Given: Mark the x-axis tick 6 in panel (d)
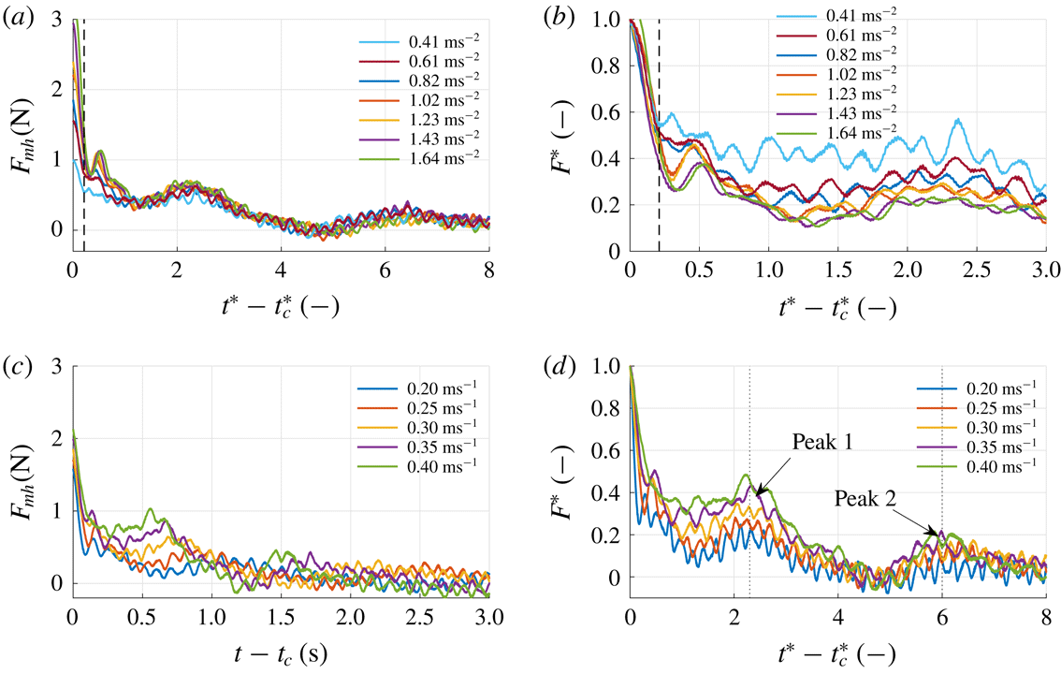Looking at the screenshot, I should (942, 620).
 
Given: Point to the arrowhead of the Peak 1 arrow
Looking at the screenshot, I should (756, 491).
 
